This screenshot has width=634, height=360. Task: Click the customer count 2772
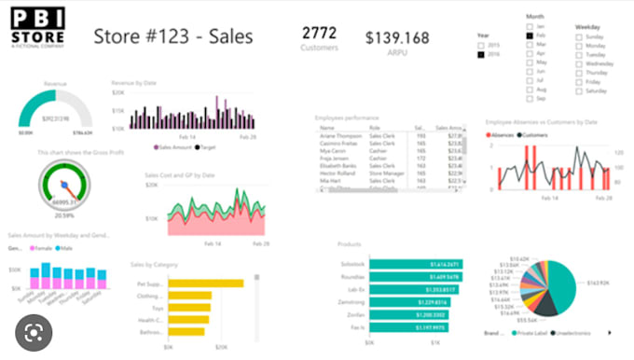(320, 34)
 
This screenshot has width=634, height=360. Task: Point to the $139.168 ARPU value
(397, 37)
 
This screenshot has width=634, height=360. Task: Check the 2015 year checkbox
(481, 45)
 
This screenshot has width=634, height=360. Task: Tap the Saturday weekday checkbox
(579, 90)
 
